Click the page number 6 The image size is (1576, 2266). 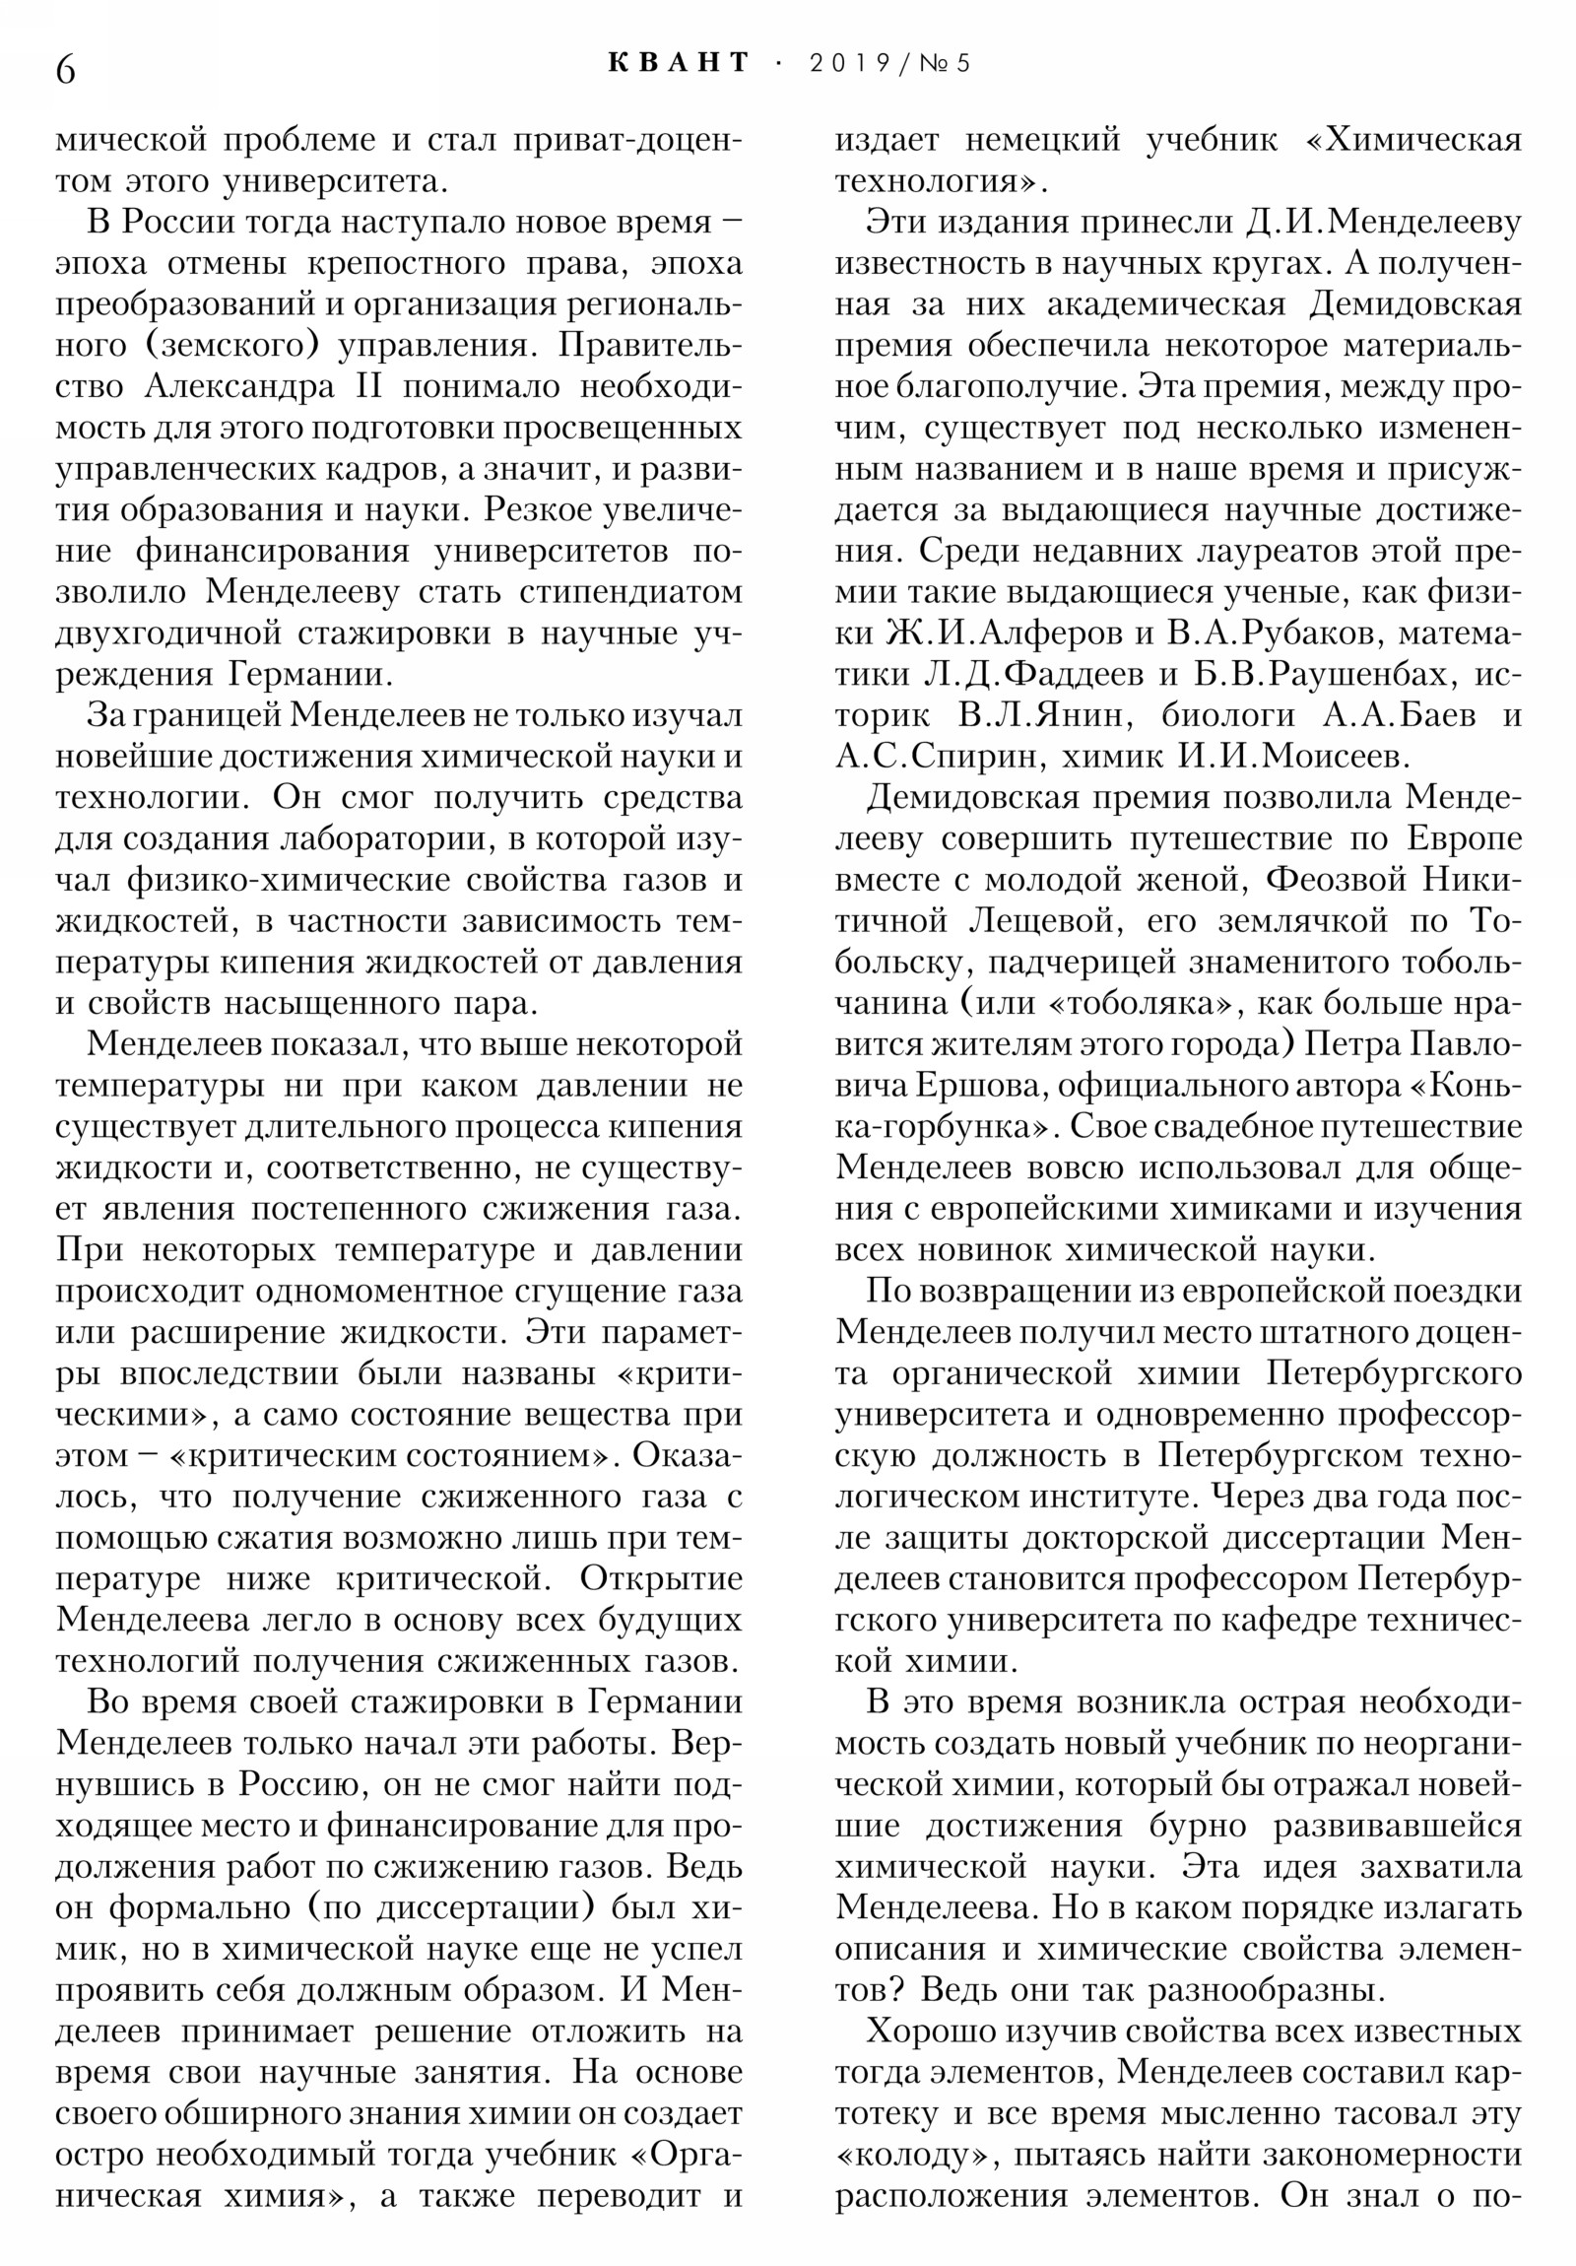pyautogui.click(x=65, y=70)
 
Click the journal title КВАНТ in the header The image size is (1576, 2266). pyautogui.click(x=678, y=62)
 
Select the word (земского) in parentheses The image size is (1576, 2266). pyautogui.click(x=236, y=346)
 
